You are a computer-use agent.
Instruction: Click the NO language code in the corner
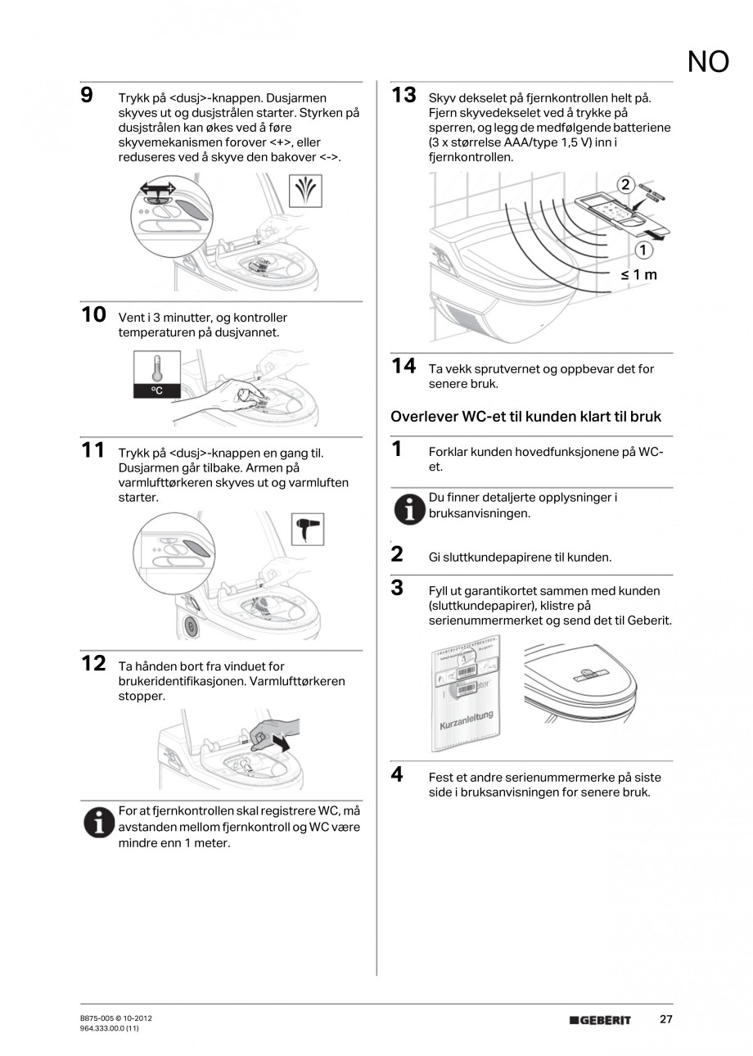pos(708,61)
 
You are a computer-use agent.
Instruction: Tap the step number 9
pos(88,95)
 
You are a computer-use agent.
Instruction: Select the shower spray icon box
pos(305,191)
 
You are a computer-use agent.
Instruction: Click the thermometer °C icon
pos(157,374)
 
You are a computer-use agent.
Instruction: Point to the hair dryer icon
pos(308,529)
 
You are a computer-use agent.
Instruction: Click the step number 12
pos(93,664)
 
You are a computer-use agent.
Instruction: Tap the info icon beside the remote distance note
pos(98,824)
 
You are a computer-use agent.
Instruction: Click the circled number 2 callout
pos(625,184)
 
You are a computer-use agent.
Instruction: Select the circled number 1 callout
pos(643,250)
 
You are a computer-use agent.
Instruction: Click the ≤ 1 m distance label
pos(638,274)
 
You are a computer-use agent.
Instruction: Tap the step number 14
pos(404,366)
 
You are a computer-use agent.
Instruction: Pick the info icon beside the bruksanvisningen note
pos(409,511)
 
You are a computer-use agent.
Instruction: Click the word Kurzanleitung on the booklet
pos(466,720)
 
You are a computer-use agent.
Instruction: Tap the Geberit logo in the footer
pos(600,1020)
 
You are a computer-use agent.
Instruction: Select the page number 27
pos(665,1020)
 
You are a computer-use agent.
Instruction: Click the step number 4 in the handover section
pos(397,774)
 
